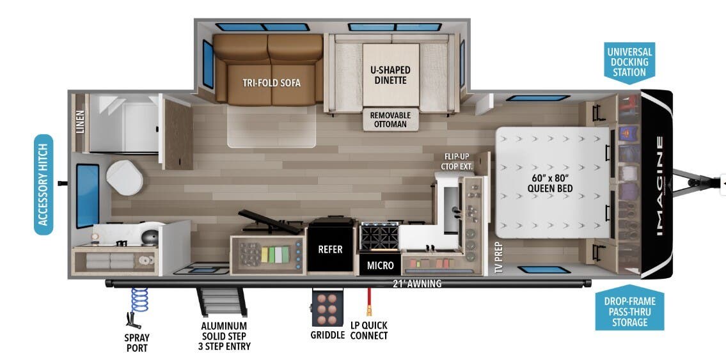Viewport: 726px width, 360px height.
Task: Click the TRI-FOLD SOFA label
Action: pyautogui.click(x=271, y=82)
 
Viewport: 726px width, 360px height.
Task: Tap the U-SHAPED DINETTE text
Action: pyautogui.click(x=390, y=75)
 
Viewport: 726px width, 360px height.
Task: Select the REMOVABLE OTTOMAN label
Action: pyautogui.click(x=391, y=119)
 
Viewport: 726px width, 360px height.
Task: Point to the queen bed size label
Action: pyautogui.click(x=549, y=182)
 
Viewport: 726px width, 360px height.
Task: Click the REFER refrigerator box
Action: pyautogui.click(x=331, y=249)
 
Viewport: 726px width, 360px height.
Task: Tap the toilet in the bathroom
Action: pyautogui.click(x=125, y=176)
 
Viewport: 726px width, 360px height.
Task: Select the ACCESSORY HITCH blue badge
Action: pyautogui.click(x=43, y=184)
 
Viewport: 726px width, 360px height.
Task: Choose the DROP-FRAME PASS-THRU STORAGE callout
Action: pyautogui.click(x=629, y=311)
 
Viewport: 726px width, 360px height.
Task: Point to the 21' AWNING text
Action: pyautogui.click(x=418, y=283)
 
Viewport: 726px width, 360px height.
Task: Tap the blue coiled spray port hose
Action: pyautogui.click(x=139, y=299)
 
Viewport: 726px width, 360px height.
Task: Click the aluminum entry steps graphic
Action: pyautogui.click(x=221, y=302)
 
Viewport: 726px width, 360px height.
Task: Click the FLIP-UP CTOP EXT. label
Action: pyautogui.click(x=457, y=161)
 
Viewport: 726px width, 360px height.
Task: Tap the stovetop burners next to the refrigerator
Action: pyautogui.click(x=380, y=237)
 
